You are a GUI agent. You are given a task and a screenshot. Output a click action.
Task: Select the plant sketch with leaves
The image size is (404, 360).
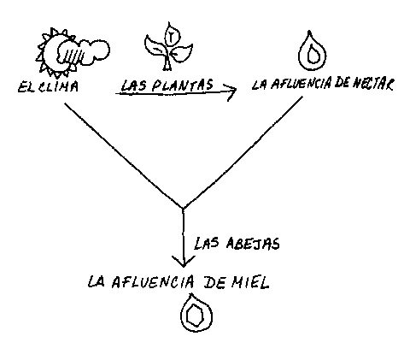pyautogui.click(x=168, y=47)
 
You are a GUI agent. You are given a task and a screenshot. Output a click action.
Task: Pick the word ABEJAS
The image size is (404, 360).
pyautogui.click(x=253, y=244)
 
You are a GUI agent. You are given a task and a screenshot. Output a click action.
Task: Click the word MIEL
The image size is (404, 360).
pyautogui.click(x=250, y=282)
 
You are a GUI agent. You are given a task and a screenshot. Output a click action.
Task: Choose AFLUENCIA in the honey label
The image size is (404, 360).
pyautogui.click(x=153, y=282)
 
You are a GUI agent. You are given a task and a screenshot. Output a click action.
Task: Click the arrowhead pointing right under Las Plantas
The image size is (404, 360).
pyautogui.click(x=233, y=91)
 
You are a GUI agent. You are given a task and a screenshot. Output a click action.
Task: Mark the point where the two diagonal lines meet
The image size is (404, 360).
pyautogui.click(x=183, y=209)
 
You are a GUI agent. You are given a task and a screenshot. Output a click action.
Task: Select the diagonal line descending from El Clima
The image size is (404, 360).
pyautogui.click(x=124, y=156)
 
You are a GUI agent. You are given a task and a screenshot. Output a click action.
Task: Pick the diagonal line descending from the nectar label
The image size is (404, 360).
pyautogui.click(x=243, y=152)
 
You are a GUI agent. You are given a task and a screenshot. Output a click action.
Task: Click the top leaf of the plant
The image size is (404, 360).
pyautogui.click(x=171, y=34)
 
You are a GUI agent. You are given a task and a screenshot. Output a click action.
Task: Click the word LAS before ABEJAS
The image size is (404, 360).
pyautogui.click(x=207, y=243)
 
